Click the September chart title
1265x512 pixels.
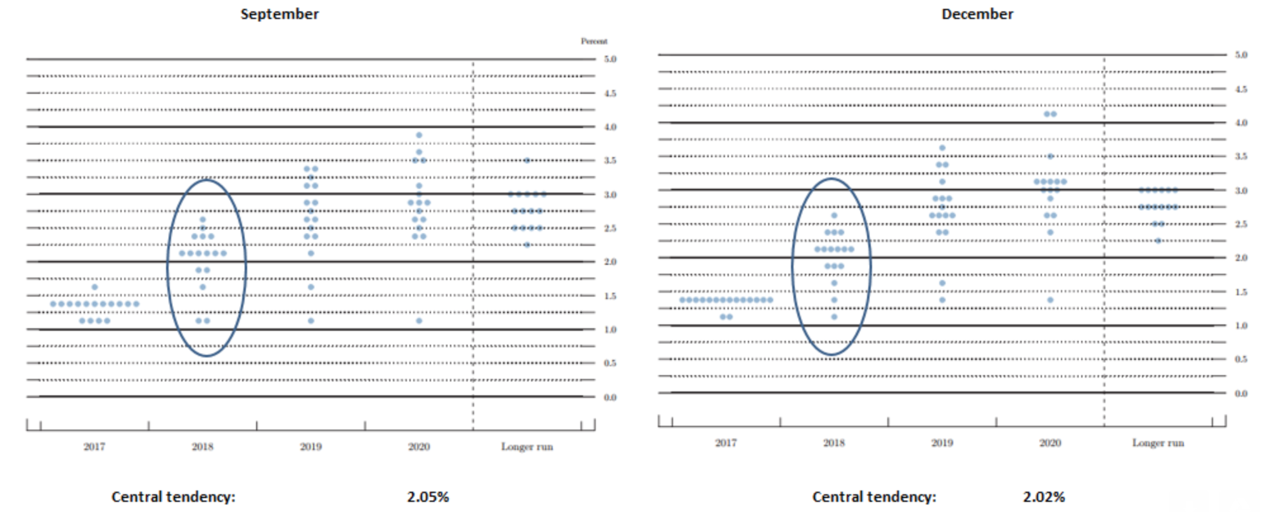[279, 14]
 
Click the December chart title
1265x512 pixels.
[977, 14]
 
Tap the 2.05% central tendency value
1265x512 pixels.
[428, 497]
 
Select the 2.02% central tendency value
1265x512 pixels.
[1043, 497]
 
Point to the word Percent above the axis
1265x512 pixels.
[594, 41]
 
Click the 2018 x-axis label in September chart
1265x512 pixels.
[202, 447]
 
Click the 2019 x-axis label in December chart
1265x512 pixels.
[942, 443]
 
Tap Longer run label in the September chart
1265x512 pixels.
[527, 447]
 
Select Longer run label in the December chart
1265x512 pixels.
[1158, 443]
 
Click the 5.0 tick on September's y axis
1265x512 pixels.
[610, 59]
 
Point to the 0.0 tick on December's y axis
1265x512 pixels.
[1241, 394]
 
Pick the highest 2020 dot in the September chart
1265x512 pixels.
[419, 135]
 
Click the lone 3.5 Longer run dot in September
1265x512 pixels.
[527, 160]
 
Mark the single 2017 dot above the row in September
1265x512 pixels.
[94, 287]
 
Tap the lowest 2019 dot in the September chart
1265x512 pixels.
[311, 321]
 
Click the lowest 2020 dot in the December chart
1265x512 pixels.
[1050, 300]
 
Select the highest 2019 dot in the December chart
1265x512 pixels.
[942, 148]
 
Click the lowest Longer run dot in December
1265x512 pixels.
[1158, 241]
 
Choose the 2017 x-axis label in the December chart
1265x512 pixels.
[726, 443]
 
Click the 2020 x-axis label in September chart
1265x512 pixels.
[419, 447]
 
